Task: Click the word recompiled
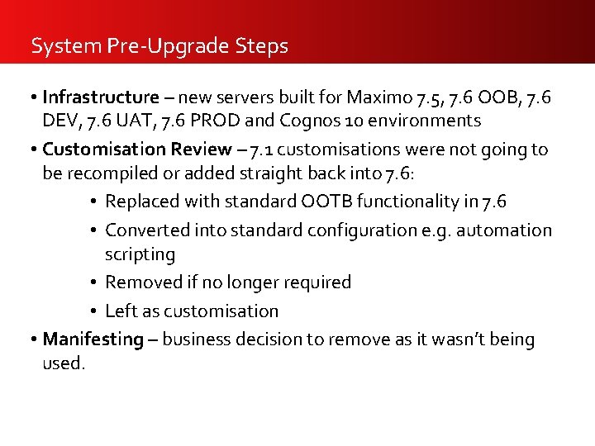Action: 110,172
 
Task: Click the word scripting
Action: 140,254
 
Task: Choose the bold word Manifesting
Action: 93,339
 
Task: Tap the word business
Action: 197,339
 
